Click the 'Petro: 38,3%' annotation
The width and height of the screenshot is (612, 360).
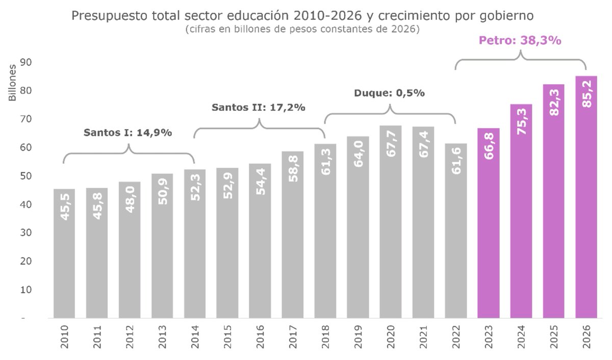(x=521, y=40)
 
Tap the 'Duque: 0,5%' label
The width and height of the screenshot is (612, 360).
(x=389, y=93)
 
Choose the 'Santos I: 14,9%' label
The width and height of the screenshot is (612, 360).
(x=127, y=133)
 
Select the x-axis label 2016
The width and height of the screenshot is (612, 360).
(x=260, y=337)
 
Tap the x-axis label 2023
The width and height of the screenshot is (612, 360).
(x=489, y=337)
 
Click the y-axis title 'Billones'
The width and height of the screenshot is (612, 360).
(x=12, y=83)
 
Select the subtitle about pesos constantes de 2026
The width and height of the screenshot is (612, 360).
(x=303, y=30)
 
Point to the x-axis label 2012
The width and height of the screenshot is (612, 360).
(x=130, y=337)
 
